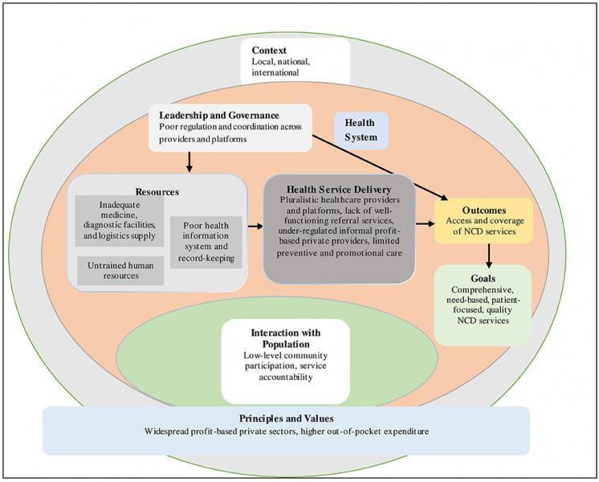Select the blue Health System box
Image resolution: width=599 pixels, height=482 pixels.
(361, 130)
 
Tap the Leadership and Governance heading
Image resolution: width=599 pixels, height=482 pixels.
(219, 116)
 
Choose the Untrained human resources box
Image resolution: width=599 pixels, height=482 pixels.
(120, 270)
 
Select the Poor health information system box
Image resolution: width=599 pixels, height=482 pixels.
(206, 241)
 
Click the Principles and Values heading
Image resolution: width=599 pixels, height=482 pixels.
(286, 419)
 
